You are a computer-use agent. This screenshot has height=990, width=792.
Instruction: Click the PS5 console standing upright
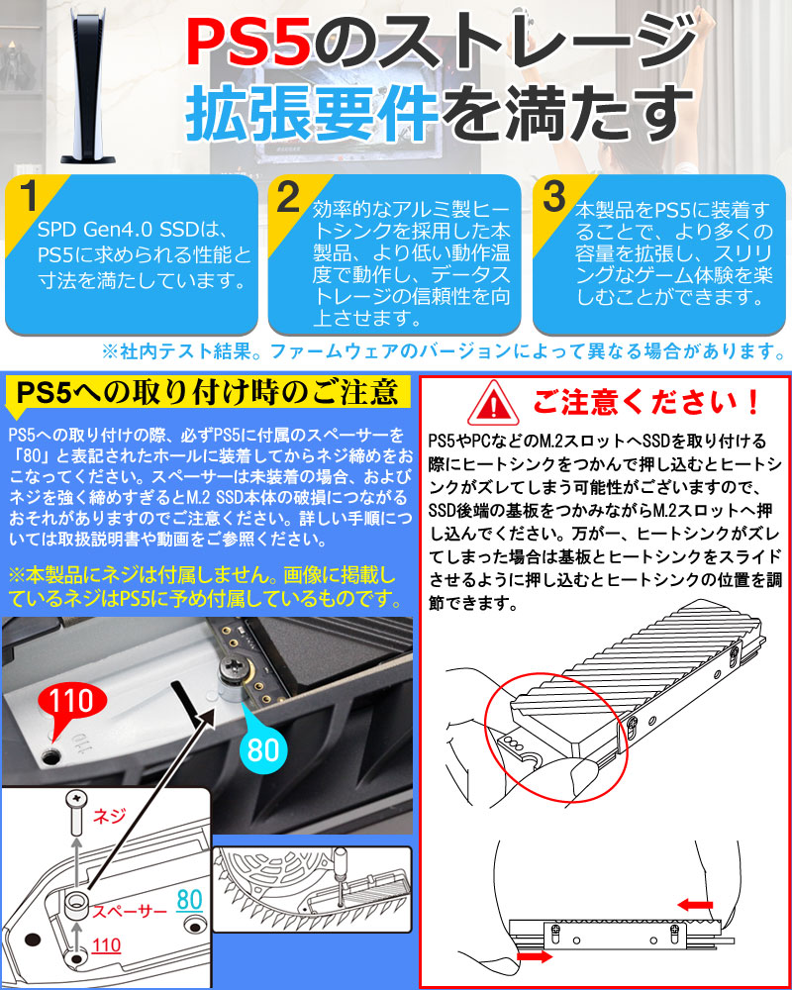pos(88,85)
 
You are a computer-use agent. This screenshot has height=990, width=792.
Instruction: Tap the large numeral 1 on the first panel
pos(29,196)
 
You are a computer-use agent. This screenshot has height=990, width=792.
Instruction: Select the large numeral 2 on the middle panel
pos(289,197)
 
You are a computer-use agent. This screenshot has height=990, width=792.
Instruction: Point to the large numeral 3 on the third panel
pos(553,197)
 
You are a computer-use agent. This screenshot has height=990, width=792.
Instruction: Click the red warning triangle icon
pos(493,403)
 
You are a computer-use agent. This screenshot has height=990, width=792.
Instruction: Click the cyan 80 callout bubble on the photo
pos(263,746)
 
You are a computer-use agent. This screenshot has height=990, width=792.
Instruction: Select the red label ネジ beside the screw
pos(109,816)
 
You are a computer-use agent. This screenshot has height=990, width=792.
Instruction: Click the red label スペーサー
pos(130,911)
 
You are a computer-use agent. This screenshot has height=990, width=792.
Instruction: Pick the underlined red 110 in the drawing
pos(106,945)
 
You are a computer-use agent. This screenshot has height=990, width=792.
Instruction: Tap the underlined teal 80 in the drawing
pos(189,900)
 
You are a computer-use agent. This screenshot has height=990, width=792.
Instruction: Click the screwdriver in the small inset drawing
pos(339,875)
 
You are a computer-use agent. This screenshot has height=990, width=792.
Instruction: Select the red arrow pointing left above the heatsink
pos(695,905)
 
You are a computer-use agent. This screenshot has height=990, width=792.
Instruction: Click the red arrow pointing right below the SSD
pos(535,957)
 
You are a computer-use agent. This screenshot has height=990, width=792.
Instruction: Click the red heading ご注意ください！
pos(646,402)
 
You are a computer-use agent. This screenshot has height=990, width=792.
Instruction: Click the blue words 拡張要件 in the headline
pos(312,115)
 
